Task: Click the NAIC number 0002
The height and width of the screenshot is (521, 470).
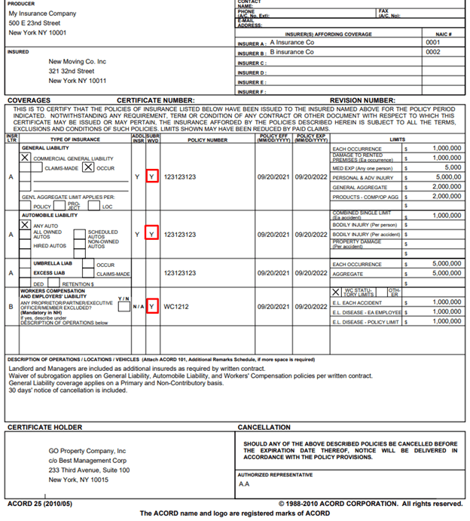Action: pos(433,53)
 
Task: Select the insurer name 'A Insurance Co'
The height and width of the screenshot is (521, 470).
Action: pos(292,43)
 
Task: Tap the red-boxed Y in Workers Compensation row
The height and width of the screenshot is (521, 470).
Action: pos(151,307)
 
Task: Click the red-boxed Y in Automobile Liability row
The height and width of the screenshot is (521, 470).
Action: pos(151,234)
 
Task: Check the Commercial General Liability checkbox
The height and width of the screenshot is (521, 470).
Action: pos(26,157)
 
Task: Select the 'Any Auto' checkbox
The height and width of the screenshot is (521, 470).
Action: pos(26,225)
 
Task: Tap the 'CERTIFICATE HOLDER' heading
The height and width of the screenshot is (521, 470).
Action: pos(44,428)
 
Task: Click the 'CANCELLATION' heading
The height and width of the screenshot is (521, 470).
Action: pos(264,428)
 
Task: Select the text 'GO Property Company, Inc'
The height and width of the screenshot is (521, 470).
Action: pos(88,450)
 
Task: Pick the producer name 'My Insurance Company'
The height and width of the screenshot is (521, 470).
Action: pos(42,14)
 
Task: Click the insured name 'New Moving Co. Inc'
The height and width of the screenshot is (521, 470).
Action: pos(78,62)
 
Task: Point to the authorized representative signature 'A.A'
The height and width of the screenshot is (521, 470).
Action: pos(244,485)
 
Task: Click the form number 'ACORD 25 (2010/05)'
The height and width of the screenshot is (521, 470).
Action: pos(38,504)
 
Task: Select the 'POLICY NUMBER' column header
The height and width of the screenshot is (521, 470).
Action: pos(208,140)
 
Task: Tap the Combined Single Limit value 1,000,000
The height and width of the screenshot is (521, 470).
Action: pos(447,215)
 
